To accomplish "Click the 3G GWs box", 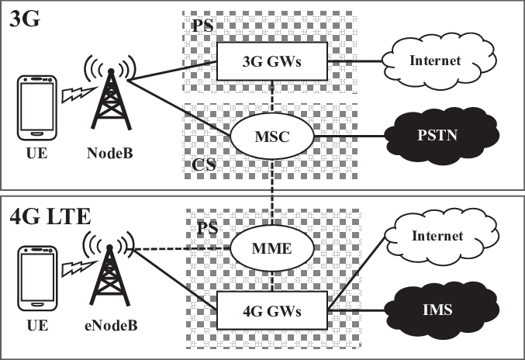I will click(x=273, y=60).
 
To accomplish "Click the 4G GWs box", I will click(x=273, y=312).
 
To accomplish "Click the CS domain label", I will click(x=202, y=165).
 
